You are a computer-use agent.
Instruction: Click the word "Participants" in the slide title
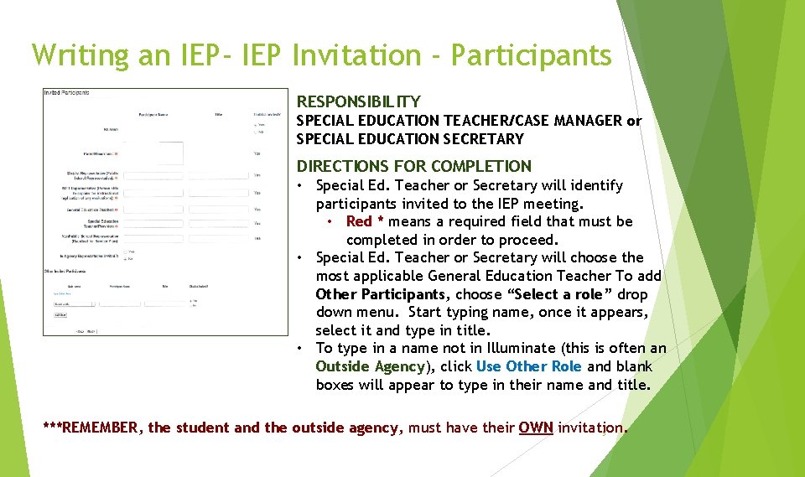(x=531, y=55)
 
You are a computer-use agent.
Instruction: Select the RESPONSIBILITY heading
(x=359, y=101)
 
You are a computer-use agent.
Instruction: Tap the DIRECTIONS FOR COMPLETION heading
(x=414, y=166)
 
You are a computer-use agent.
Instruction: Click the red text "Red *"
(x=365, y=221)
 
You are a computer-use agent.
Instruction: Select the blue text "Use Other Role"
(x=528, y=366)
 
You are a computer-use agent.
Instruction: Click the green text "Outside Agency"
(x=371, y=366)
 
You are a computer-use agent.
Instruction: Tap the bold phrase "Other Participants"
(x=380, y=294)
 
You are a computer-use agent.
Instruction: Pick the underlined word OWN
(x=536, y=428)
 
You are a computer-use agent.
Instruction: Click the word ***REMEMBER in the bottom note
(x=91, y=428)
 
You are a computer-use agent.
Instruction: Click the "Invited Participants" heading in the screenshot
(x=67, y=93)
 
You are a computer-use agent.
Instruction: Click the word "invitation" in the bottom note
(x=591, y=428)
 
